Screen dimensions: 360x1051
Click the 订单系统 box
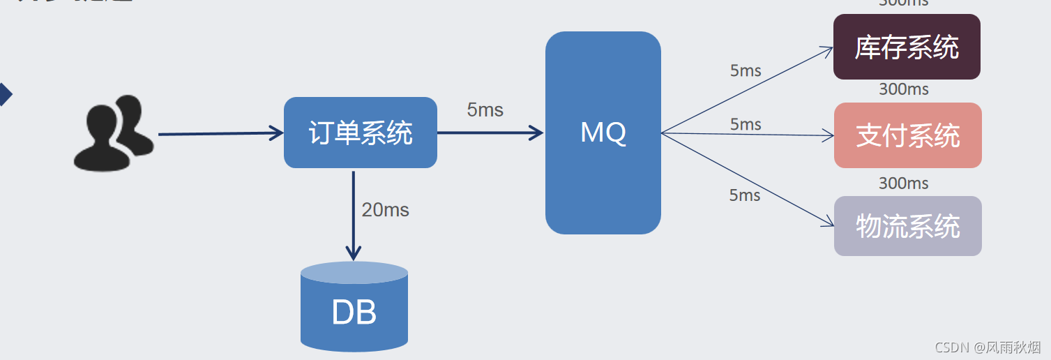click(360, 133)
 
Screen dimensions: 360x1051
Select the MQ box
click(603, 133)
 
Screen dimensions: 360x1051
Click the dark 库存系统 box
click(907, 47)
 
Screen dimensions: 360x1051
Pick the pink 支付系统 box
click(907, 135)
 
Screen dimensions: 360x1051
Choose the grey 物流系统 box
click(907, 226)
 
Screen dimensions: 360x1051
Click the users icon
click(113, 134)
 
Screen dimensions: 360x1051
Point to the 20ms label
click(385, 209)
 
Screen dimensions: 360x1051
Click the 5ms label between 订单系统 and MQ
click(485, 110)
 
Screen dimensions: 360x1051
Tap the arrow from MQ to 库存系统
click(746, 90)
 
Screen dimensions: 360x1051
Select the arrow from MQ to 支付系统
click(746, 134)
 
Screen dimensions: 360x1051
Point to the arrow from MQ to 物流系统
click(746, 179)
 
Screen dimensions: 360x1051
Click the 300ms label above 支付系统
click(903, 89)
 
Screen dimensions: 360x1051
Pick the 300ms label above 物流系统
click(903, 183)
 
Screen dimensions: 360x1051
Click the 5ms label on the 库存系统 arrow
click(746, 70)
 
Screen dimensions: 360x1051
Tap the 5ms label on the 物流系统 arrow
click(745, 195)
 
